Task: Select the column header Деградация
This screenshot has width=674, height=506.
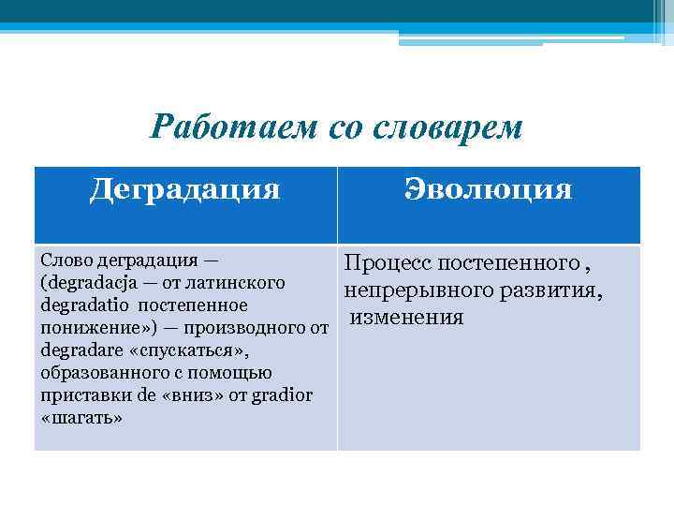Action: click(185, 189)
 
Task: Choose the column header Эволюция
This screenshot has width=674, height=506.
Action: click(488, 189)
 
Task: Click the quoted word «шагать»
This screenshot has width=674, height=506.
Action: click(82, 418)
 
